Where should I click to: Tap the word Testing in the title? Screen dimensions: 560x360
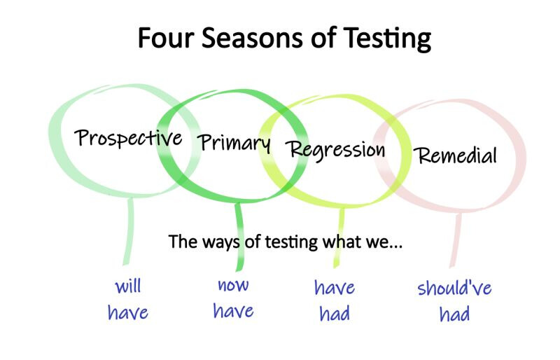(x=387, y=39)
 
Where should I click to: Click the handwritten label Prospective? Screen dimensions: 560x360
(x=128, y=138)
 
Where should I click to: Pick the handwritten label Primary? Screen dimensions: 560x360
(x=234, y=143)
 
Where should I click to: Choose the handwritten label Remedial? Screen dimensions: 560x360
(x=456, y=155)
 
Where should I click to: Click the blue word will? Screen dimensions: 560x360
(x=128, y=286)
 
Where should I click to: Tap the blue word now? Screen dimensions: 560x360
(x=233, y=285)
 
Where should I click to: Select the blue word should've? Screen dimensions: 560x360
(x=454, y=288)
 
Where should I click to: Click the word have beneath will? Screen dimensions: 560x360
(x=128, y=312)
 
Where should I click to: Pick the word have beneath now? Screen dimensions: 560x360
(x=233, y=310)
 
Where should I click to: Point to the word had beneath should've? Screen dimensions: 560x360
(x=454, y=314)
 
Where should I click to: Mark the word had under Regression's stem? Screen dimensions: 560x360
(x=335, y=314)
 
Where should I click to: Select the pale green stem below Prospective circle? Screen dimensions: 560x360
(x=129, y=231)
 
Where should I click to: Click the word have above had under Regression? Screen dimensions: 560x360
(x=335, y=287)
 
